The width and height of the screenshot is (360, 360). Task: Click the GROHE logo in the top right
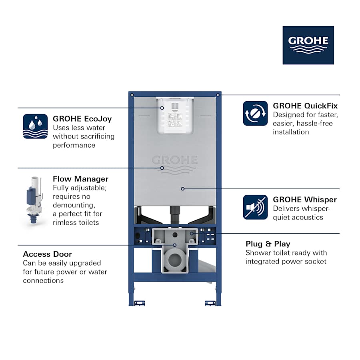308,45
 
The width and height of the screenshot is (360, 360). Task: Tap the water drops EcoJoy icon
35,126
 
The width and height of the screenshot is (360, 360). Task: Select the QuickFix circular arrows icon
255,113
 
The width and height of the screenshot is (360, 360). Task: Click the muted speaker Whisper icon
255,207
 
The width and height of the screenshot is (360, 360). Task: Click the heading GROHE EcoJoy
82,119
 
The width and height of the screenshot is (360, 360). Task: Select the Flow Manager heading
80,179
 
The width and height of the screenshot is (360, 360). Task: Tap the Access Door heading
47,254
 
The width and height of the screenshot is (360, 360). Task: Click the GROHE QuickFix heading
305,106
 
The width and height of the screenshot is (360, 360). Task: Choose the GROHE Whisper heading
305,200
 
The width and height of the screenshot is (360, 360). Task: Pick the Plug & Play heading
268,244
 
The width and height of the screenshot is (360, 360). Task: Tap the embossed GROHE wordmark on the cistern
174,160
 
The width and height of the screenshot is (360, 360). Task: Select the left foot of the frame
140,303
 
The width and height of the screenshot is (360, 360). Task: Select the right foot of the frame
210,303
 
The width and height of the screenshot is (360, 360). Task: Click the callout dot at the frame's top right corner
217,95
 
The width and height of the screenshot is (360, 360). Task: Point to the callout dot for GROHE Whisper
182,188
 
